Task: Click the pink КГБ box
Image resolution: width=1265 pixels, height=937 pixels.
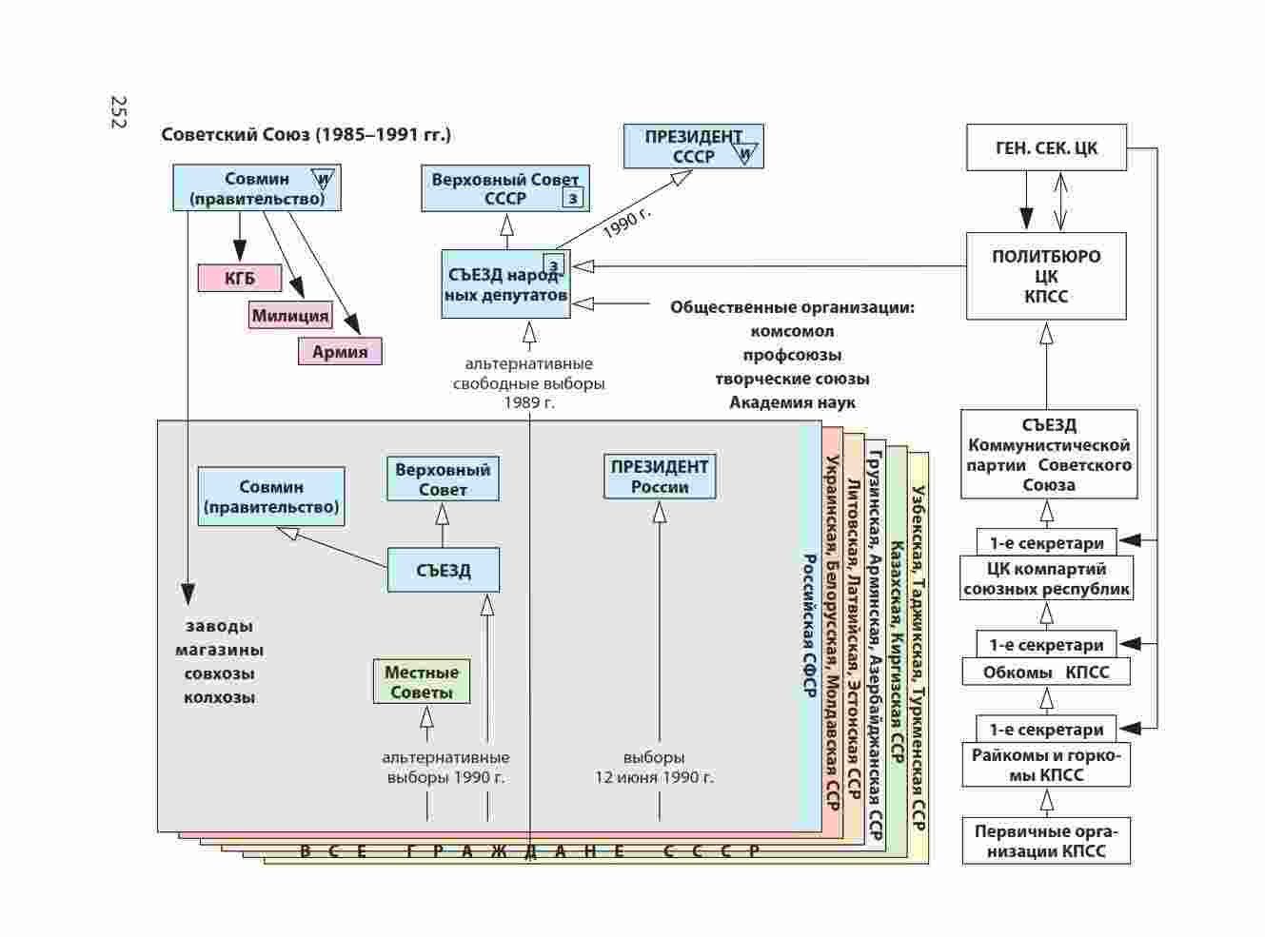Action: pos(240,278)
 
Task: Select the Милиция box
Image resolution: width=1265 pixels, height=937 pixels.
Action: pos(290,315)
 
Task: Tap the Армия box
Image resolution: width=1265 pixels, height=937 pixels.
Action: pos(340,351)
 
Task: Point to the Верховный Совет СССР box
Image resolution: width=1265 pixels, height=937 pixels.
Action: pos(504,188)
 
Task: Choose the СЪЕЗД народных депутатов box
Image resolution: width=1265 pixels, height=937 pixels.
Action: pos(506,284)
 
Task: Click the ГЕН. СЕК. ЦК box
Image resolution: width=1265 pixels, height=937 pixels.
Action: pos(1046,147)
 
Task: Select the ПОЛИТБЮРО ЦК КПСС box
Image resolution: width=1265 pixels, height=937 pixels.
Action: pos(1046,276)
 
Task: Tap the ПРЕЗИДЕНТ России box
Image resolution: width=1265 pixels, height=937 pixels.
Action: pos(660,477)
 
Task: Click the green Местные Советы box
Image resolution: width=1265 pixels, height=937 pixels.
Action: pos(422,682)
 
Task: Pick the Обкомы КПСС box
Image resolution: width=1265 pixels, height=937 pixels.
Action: pos(1046,673)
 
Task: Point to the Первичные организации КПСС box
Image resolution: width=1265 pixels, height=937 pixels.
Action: pos(1046,841)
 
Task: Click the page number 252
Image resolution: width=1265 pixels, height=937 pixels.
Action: pos(119,112)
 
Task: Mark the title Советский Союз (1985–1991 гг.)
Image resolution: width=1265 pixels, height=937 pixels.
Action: pos(306,134)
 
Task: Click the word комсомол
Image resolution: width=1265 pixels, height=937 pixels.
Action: pos(792,331)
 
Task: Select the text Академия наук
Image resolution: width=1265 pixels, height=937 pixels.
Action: pos(792,402)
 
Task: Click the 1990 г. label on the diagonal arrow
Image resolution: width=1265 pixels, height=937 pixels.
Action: pos(626,222)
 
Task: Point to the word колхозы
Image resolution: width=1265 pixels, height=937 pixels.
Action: pos(220,697)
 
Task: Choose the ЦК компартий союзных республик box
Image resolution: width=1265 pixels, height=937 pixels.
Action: pos(1046,578)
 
